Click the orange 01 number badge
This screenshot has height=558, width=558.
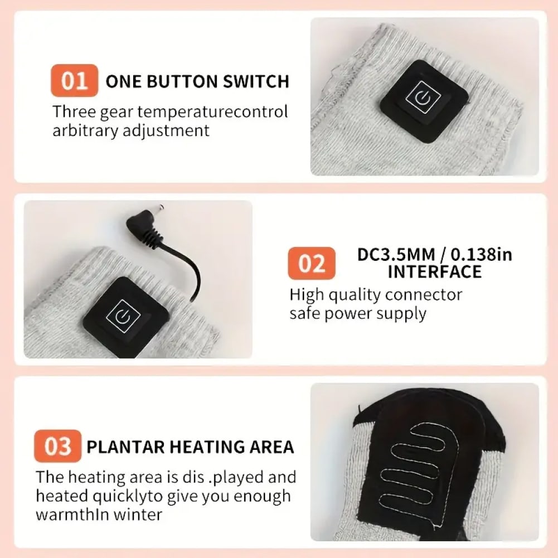[x=74, y=80]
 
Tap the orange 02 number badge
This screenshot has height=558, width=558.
[x=312, y=263]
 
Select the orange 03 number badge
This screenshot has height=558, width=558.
[x=57, y=446]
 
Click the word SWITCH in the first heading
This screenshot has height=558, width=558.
[x=256, y=81]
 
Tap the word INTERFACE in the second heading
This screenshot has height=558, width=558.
[x=434, y=272]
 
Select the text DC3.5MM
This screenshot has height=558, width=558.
[x=396, y=254]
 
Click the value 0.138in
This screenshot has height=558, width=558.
[x=482, y=254]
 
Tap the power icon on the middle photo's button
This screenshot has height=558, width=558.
[x=123, y=316]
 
